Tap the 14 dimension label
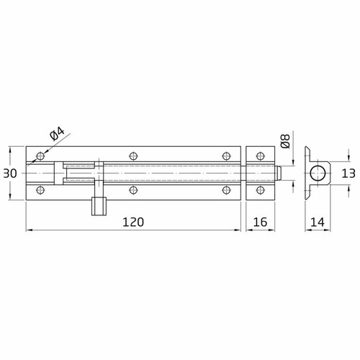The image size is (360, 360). pos(316,222)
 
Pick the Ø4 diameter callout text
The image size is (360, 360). pos(57,135)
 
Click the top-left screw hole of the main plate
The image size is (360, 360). pos(40,156)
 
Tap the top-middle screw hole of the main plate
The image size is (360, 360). pos(133,156)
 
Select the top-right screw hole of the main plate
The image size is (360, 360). pos(226,156)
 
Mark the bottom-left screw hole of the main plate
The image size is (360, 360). pos(40,191)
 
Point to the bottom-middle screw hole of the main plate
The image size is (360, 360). pos(133,191)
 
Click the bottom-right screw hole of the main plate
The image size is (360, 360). pos(226,191)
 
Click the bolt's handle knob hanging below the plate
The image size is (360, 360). pos(99,206)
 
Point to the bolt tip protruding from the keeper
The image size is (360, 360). pos(278,174)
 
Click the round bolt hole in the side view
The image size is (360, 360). pos(317,174)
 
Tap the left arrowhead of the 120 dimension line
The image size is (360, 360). pos(29,230)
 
